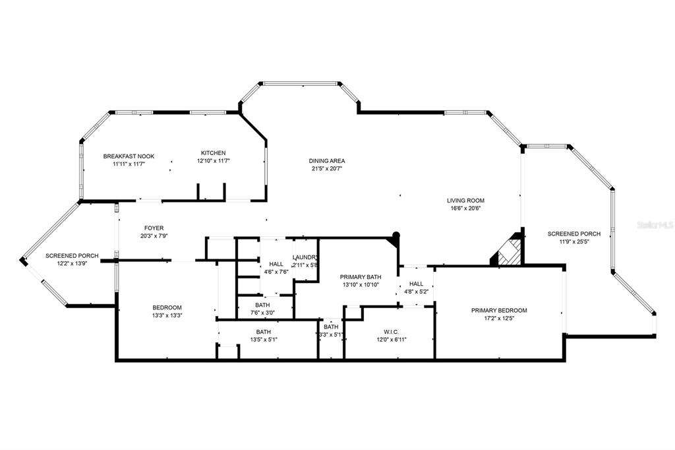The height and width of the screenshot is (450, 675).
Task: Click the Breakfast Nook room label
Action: point(129,156)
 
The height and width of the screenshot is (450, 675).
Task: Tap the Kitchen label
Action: point(213,153)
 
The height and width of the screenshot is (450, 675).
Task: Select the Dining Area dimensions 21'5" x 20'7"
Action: point(327,168)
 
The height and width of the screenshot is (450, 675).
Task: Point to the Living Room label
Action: point(465,201)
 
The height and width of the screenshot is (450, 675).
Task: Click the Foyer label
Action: point(154,228)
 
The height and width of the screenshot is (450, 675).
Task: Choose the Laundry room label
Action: point(305,257)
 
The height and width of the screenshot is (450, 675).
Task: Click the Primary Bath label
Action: point(361,277)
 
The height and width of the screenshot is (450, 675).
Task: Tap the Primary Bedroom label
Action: point(498,310)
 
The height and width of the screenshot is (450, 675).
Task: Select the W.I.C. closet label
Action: point(391,332)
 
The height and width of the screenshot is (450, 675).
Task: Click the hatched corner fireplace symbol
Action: point(508,253)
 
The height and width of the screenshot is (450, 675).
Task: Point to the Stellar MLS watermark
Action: point(655,225)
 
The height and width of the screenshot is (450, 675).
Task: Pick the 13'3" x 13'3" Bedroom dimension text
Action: point(167,315)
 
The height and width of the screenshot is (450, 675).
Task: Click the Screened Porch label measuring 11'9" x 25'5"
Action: point(573,234)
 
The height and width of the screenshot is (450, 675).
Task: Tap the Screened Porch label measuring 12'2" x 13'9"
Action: point(72,255)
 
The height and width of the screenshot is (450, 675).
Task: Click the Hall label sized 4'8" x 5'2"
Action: point(416,284)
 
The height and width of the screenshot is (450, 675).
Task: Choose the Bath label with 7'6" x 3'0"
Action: point(262,305)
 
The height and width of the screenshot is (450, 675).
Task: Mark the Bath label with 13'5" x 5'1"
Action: point(264,332)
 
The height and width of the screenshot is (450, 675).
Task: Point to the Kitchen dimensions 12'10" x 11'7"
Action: point(213,160)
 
